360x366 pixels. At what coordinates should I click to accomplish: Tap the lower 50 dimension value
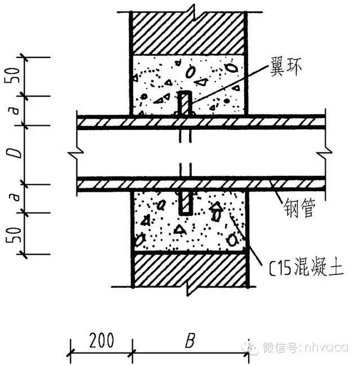point(17,234)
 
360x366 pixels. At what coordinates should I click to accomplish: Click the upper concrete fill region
point(214,84)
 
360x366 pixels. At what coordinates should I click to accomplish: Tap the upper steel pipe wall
point(141,122)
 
